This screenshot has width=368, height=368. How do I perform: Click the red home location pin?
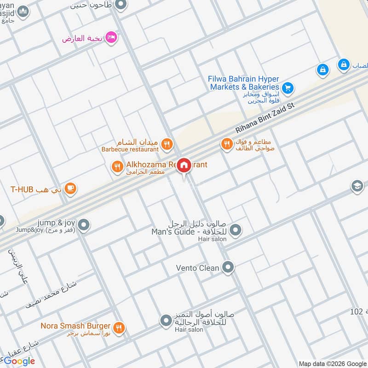[184, 165]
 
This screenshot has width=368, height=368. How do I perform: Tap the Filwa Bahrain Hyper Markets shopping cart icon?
[287, 87]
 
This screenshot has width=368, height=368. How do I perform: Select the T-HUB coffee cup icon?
[70, 188]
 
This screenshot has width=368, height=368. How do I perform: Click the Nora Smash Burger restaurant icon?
[119, 328]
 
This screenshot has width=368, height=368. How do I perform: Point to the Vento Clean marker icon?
[228, 267]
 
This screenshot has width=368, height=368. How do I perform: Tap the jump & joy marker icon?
[84, 225]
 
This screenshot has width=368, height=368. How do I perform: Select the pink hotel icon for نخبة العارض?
[111, 37]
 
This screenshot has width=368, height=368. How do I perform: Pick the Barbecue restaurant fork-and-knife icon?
[167, 144]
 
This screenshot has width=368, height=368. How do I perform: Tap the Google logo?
[19, 361]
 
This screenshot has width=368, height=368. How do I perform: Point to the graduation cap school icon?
[357, 186]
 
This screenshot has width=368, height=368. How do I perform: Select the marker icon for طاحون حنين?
[121, 5]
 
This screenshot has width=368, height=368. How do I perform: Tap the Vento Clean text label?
[197, 267]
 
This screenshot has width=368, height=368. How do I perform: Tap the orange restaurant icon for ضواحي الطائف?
[226, 144]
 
